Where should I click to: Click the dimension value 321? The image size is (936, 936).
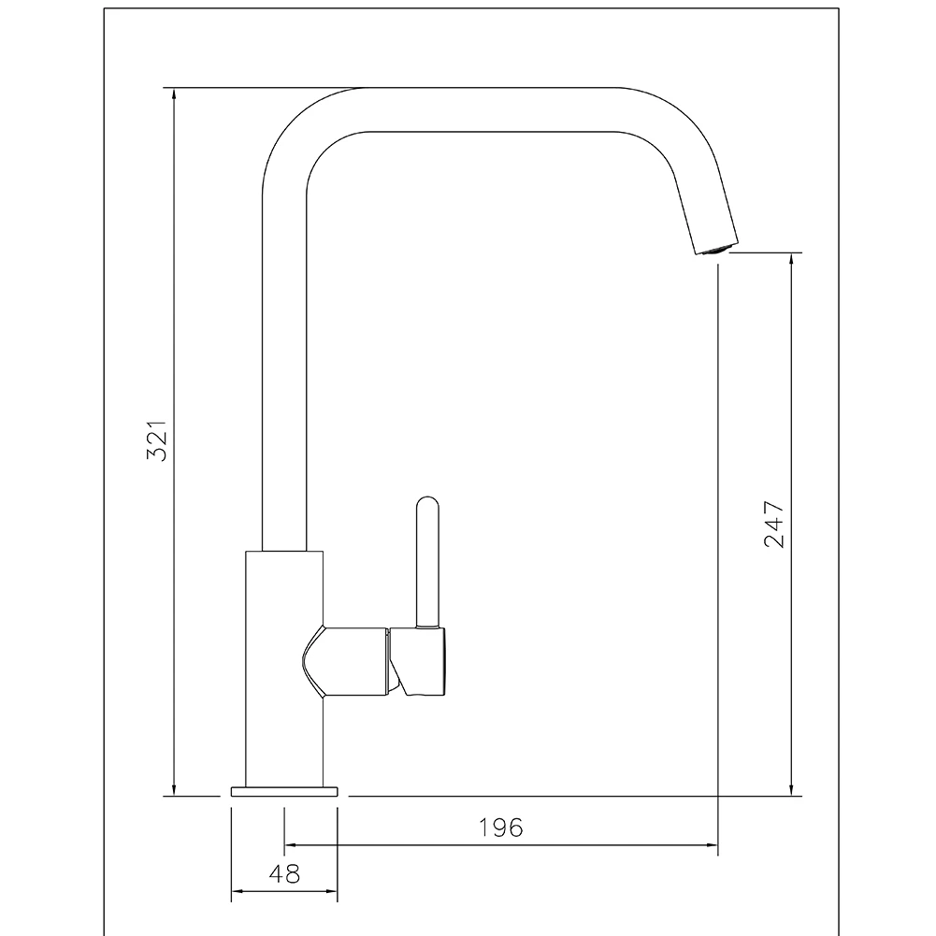[158, 440]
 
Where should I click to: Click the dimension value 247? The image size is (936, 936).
[774, 525]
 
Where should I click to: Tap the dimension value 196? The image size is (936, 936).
[501, 828]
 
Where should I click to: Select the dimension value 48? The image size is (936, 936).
[284, 874]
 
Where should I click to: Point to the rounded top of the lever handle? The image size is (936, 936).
[426, 505]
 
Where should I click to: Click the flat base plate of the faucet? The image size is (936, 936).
[283, 791]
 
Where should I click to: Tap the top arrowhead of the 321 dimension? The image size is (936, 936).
[174, 94]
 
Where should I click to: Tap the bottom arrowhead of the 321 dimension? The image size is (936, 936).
[174, 790]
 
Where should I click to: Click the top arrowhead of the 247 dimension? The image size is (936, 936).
[792, 259]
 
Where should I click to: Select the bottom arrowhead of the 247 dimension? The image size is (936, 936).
[792, 790]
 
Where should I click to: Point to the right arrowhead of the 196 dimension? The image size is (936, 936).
[712, 845]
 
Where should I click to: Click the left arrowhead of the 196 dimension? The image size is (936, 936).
[291, 845]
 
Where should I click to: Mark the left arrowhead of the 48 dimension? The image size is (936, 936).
[238, 892]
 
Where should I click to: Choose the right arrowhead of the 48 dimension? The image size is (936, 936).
[331, 892]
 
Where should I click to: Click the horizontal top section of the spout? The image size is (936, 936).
[496, 109]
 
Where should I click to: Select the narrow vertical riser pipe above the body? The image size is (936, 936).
[284, 374]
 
